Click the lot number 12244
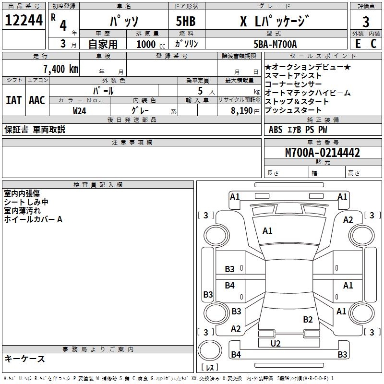point(24,21)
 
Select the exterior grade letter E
point(358,43)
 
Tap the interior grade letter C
point(373,43)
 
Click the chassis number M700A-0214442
point(323,153)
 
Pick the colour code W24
point(80,110)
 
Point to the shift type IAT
point(13,100)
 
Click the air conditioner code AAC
point(36,100)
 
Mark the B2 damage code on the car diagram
point(308,319)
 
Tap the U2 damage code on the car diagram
point(276,343)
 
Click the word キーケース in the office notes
point(24,359)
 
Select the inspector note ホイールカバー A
point(33,219)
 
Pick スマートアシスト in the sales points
point(293,76)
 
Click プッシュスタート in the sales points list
point(293,110)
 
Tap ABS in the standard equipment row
point(276,129)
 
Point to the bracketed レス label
point(210,368)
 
